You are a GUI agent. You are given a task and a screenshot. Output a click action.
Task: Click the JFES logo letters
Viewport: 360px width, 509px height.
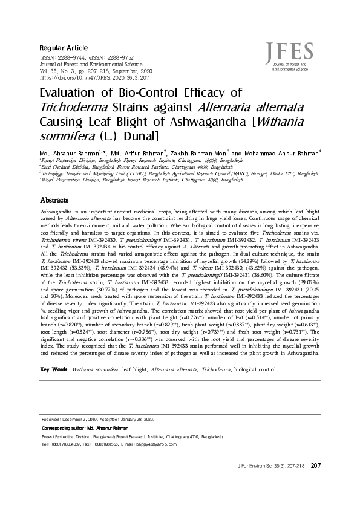pos(293,50)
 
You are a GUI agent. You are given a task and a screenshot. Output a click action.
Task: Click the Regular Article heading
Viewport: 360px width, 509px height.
pos(64,48)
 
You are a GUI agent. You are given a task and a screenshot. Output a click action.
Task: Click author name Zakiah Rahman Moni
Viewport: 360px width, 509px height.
pos(200,152)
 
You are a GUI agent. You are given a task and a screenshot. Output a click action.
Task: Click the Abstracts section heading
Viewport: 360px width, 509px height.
pos(54,199)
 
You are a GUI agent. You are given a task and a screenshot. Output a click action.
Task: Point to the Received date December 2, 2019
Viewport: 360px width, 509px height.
pos(83,419)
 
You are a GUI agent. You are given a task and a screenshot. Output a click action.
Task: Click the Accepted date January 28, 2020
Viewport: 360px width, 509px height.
pos(139,419)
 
